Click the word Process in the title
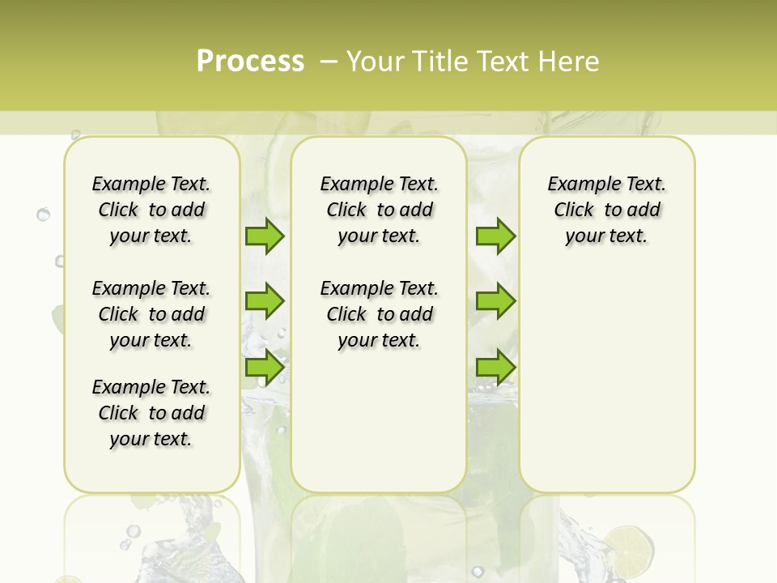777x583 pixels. (250, 62)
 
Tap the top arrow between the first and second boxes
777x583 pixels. (265, 236)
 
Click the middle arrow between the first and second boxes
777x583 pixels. (265, 301)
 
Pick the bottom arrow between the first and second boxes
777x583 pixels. (265, 367)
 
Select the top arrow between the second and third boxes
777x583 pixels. (495, 236)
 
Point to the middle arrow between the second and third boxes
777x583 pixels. (495, 301)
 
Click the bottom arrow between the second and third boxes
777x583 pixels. (495, 367)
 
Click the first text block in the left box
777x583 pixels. (151, 210)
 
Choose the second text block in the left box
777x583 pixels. (151, 314)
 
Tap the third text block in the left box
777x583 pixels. (151, 413)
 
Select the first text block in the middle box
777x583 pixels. (380, 210)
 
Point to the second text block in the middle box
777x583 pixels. (380, 314)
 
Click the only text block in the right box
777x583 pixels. (607, 210)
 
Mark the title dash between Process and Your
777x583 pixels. (329, 62)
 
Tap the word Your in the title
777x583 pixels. (376, 62)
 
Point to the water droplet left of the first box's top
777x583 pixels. (44, 215)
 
